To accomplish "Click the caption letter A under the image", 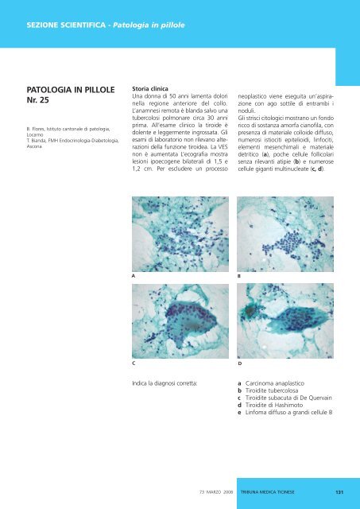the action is click(134, 274).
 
